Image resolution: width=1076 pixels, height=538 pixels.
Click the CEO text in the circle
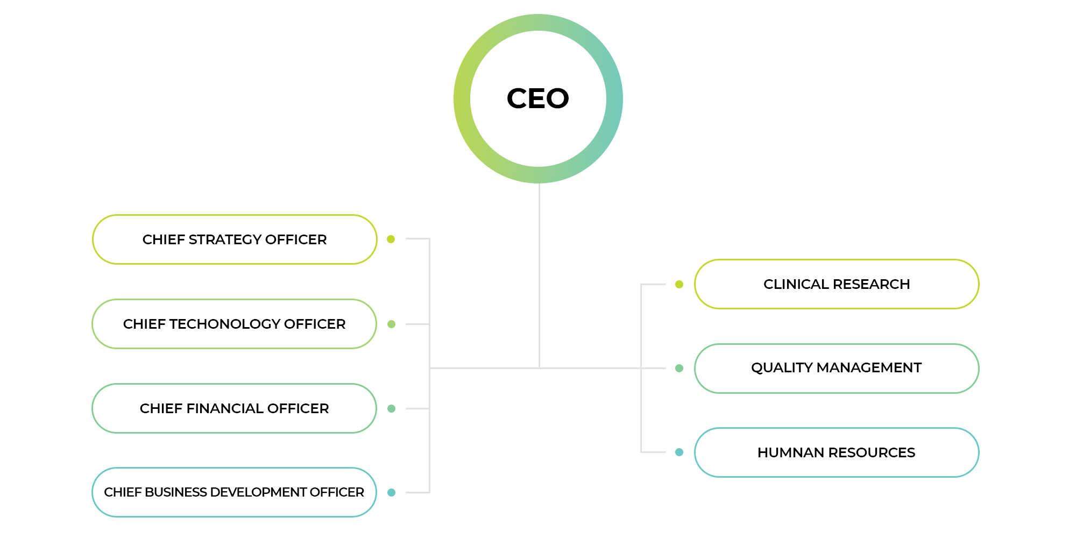(x=538, y=98)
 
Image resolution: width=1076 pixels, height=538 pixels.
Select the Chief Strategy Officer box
(x=235, y=239)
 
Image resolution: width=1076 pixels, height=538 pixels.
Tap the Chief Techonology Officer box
(x=235, y=324)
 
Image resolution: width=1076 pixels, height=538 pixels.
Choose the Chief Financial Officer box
(x=235, y=408)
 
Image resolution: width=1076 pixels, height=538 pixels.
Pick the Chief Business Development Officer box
(x=235, y=492)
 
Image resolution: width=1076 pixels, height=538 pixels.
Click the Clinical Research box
(x=837, y=284)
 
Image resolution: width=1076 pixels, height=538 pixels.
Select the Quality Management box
(x=837, y=369)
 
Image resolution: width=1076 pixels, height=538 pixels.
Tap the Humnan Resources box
(x=837, y=452)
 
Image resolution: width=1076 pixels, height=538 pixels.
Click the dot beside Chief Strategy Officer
(x=391, y=239)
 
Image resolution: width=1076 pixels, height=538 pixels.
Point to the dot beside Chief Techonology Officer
(x=391, y=324)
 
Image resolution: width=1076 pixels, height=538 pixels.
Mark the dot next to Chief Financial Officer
(x=391, y=408)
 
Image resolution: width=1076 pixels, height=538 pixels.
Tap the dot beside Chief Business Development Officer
(x=391, y=492)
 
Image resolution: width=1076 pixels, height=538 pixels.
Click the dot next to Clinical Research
(x=679, y=284)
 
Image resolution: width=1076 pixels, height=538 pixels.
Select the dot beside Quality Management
(x=679, y=368)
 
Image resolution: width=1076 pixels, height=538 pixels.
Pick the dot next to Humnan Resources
(x=679, y=452)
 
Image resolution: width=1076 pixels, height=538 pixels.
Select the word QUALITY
(x=782, y=368)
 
